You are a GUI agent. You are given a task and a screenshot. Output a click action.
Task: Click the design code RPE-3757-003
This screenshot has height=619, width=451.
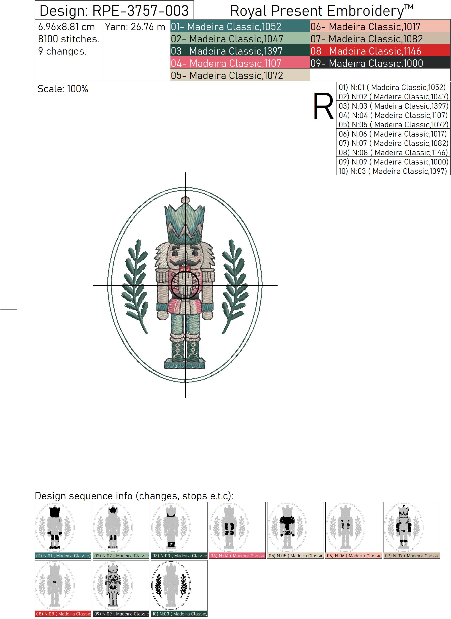pyautogui.click(x=140, y=11)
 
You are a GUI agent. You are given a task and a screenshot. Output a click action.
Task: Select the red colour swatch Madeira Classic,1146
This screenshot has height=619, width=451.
pyautogui.click(x=380, y=51)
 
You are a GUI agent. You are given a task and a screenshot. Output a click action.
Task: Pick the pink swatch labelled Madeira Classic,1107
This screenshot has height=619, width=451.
pyautogui.click(x=240, y=63)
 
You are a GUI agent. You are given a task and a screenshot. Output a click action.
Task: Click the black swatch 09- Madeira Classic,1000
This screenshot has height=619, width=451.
pyautogui.click(x=380, y=63)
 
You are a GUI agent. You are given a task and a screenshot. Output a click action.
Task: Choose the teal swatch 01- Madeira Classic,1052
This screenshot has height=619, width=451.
pyautogui.click(x=240, y=26)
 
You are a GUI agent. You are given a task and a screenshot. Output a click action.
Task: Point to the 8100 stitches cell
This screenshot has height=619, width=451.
pyautogui.click(x=69, y=39)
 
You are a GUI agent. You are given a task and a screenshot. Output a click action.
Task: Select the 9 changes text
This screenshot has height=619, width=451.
pyautogui.click(x=62, y=51)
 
